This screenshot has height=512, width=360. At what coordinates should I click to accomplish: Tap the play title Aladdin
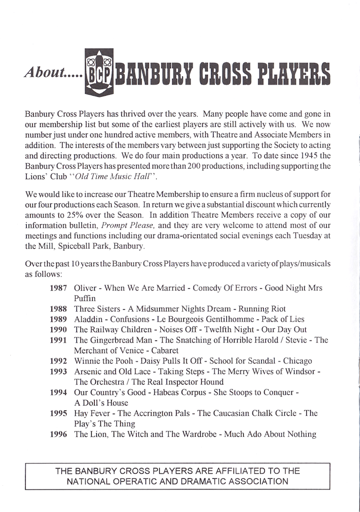[x=89, y=319]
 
